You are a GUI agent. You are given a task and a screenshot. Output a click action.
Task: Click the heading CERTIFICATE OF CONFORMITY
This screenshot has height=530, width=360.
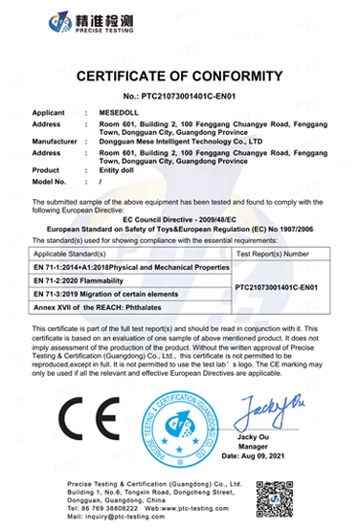pos(179,76)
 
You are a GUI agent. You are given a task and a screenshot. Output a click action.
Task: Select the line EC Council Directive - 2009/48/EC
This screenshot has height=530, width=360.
pos(179,221)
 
